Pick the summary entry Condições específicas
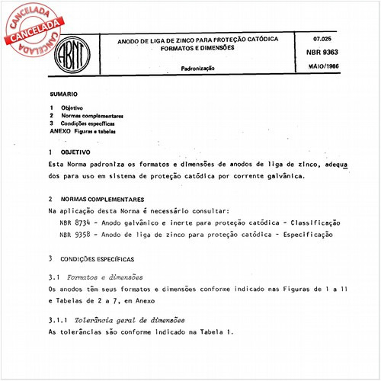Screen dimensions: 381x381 tap(88, 123)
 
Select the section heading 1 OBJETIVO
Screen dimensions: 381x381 tap(68, 152)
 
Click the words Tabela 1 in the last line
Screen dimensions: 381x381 tap(221, 332)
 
